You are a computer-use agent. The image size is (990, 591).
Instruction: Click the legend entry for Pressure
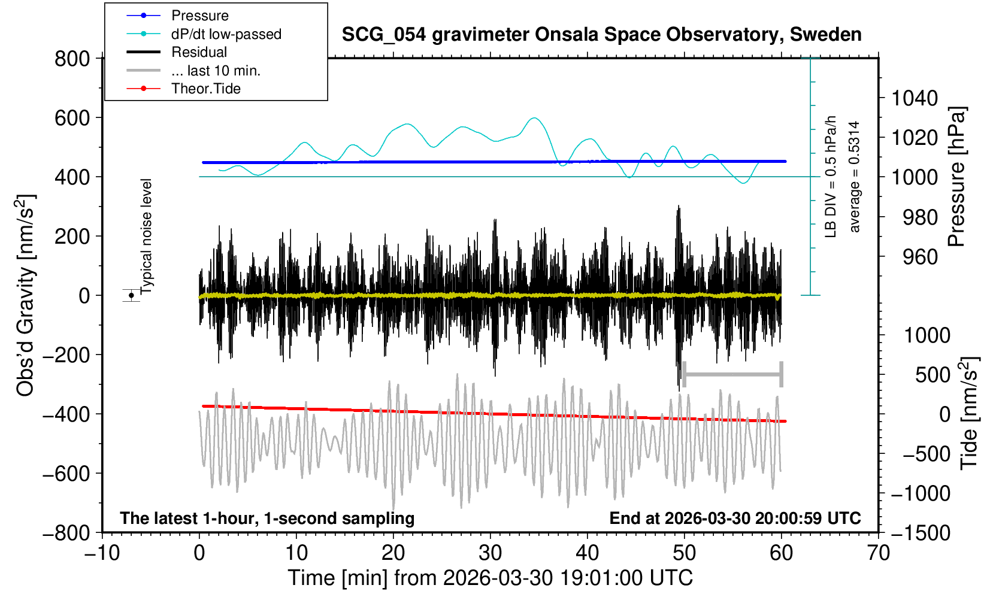[x=199, y=16]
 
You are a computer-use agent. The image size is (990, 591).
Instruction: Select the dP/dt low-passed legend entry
[x=226, y=34]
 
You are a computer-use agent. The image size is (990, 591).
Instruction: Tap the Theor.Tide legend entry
[x=205, y=89]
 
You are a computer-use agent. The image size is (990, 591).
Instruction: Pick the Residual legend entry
[x=199, y=52]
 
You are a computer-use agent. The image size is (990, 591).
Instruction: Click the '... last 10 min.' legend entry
[x=216, y=71]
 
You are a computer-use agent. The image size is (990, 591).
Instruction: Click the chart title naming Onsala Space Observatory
[x=601, y=35]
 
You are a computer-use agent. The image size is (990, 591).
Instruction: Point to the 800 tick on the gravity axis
[x=72, y=59]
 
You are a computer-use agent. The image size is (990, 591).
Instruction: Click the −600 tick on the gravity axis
[x=66, y=473]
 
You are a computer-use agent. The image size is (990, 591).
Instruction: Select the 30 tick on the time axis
[x=491, y=551]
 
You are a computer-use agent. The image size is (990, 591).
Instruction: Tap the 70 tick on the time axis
[x=878, y=551]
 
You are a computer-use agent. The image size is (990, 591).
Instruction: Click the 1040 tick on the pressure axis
[x=915, y=98]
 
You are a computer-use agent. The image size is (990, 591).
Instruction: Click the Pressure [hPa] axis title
[x=956, y=177]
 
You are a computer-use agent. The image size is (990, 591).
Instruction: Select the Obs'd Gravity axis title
[x=26, y=295]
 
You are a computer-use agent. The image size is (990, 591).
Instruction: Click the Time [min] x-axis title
[x=490, y=578]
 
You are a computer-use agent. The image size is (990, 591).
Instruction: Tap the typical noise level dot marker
[x=131, y=295]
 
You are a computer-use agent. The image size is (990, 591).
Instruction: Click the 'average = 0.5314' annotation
[x=855, y=177]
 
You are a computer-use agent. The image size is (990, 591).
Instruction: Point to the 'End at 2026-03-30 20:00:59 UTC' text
[x=735, y=518]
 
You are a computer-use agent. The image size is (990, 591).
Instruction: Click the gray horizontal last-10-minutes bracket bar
[x=732, y=375]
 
